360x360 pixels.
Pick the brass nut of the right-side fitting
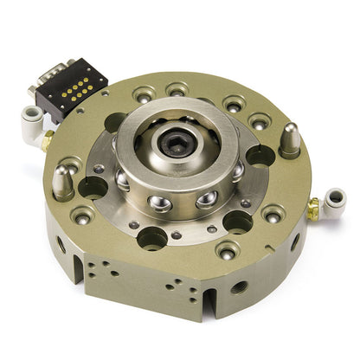pos(312,209)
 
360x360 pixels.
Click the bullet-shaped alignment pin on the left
pos(63,181)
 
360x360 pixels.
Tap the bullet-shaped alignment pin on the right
pos(290,138)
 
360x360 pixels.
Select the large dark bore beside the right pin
pos(260,156)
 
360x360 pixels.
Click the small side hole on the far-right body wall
pos(295,242)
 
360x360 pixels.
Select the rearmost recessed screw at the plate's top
pos(177,89)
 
